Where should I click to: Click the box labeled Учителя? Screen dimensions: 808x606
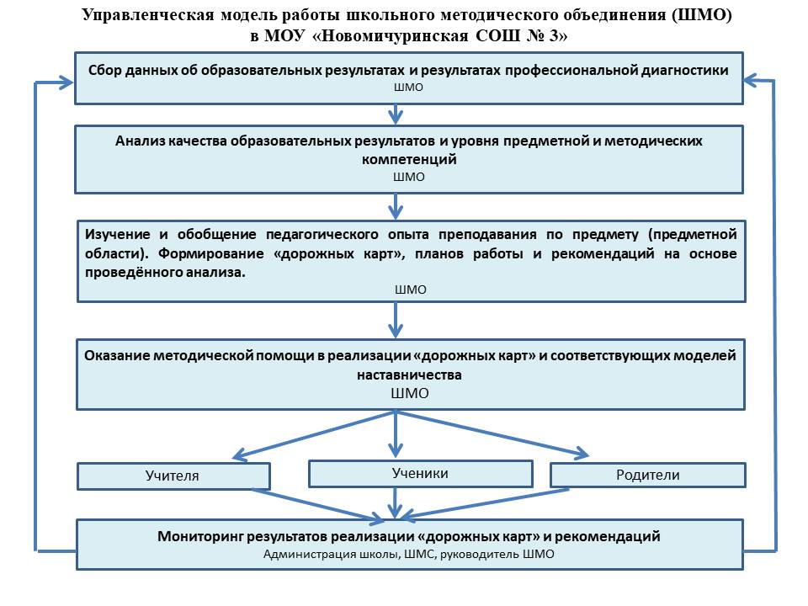[173, 476]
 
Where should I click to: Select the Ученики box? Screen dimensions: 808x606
[421, 474]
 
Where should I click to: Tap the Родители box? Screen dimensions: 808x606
[648, 475]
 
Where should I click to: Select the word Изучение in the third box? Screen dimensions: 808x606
[118, 235]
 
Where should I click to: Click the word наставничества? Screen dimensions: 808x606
[409, 375]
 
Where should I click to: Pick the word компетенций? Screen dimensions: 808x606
[409, 159]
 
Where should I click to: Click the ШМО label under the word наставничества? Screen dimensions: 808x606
[410, 393]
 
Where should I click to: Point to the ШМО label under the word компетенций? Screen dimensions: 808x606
[409, 178]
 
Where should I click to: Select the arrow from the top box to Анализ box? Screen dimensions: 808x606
[396, 114]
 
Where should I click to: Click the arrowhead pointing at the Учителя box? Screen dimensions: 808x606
[241, 454]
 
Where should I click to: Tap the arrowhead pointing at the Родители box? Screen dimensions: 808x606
[582, 453]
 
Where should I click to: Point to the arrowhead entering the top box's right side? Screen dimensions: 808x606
[752, 81]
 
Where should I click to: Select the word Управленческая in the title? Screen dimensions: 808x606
[148, 15]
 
